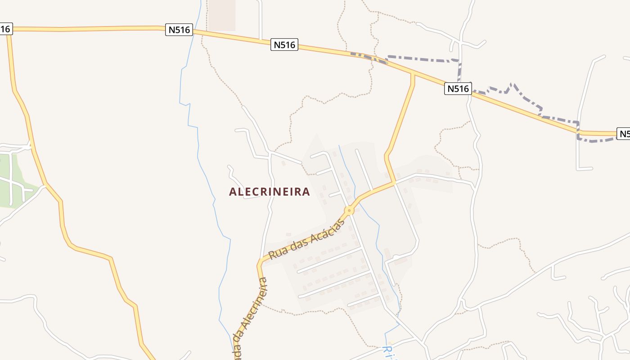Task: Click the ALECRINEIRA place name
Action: coord(269,192)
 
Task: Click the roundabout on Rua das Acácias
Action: coord(349,210)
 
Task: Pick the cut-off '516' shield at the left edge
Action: coord(5,29)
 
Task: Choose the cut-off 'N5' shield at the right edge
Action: coord(623,134)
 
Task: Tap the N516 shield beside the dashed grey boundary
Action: coord(458,89)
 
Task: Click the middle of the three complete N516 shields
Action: coord(284,45)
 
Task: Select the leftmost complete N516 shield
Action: coord(179,30)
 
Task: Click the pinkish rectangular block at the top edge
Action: coord(222,14)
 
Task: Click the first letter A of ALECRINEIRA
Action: coord(233,192)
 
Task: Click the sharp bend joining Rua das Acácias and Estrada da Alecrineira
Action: coord(260,264)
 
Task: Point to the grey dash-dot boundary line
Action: coord(423,58)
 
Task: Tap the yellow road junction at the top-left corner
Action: coord(8,29)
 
